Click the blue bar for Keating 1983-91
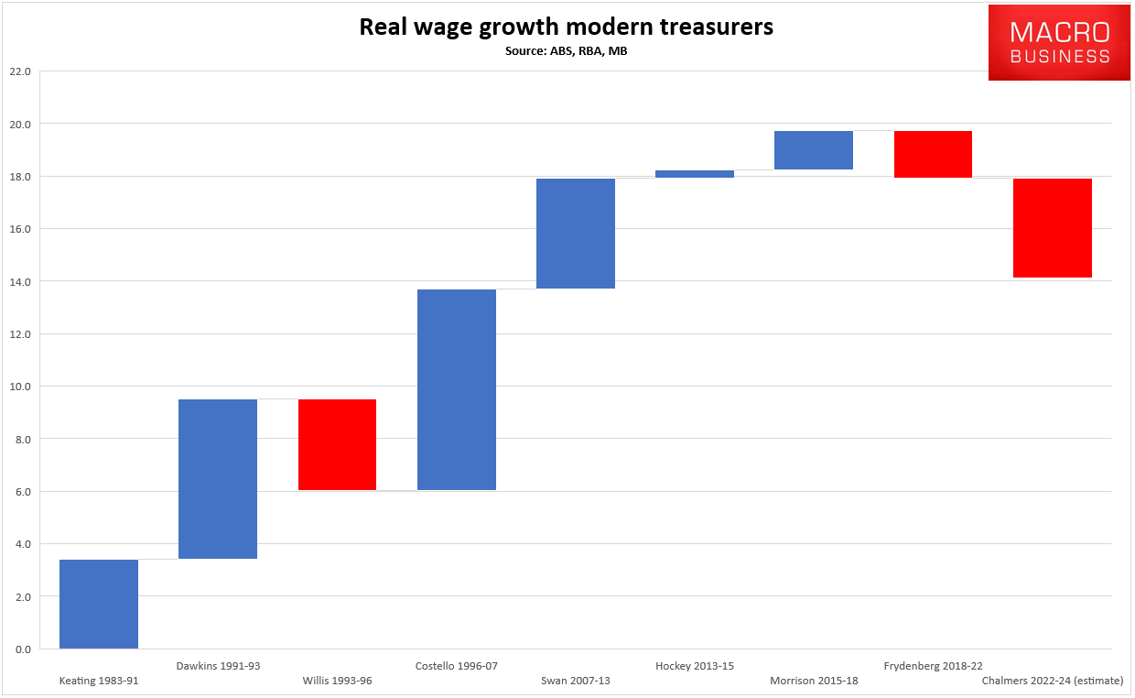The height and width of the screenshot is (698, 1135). pyautogui.click(x=99, y=604)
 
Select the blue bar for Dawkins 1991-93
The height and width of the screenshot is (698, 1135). pyautogui.click(x=218, y=479)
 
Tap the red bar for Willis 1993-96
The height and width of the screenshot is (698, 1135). pyautogui.click(x=337, y=444)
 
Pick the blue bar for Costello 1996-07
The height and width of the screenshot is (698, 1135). pyautogui.click(x=457, y=389)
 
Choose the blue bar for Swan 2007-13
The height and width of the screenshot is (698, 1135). pyautogui.click(x=576, y=234)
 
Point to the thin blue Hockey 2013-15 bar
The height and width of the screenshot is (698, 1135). pyautogui.click(x=695, y=173)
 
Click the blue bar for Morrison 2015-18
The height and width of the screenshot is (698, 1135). pyautogui.click(x=814, y=150)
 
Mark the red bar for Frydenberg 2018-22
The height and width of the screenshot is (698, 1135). pyautogui.click(x=933, y=154)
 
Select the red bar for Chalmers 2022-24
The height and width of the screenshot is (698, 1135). pyautogui.click(x=1053, y=227)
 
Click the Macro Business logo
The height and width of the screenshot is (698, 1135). pyautogui.click(x=1059, y=42)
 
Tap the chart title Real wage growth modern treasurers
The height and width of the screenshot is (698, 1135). pyautogui.click(x=566, y=27)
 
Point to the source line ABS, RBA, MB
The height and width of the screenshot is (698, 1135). pyautogui.click(x=566, y=51)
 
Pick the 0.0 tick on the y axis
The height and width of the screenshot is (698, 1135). pyautogui.click(x=21, y=649)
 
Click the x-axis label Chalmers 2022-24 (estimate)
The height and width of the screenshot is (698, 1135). pyautogui.click(x=1052, y=681)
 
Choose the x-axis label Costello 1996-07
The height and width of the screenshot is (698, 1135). pyautogui.click(x=456, y=666)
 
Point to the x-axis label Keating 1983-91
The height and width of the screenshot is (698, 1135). pyautogui.click(x=99, y=681)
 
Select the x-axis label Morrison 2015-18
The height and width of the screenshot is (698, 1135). pyautogui.click(x=814, y=681)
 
